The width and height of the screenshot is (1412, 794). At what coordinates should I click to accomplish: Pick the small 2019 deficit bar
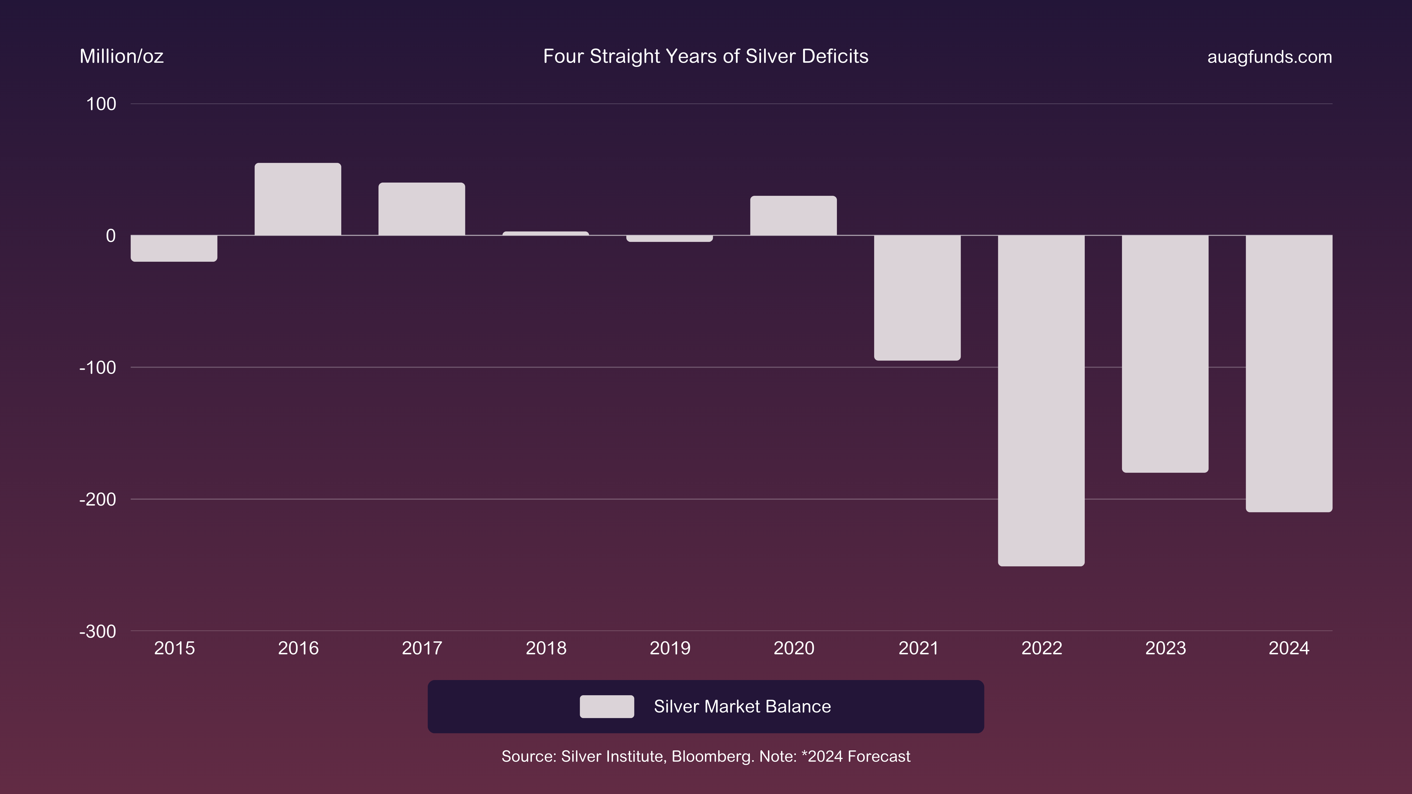[x=669, y=238]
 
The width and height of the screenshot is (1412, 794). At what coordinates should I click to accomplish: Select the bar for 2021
[x=917, y=298]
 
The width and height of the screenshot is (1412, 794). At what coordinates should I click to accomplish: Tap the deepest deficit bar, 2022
[x=1041, y=400]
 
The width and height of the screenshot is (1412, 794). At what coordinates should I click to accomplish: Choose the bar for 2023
[x=1165, y=353]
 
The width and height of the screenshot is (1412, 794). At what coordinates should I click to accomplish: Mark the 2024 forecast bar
[x=1289, y=373]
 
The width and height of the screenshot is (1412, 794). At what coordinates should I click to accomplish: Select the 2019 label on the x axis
[x=670, y=648]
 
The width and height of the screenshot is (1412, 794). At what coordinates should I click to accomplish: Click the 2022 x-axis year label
[x=1041, y=648]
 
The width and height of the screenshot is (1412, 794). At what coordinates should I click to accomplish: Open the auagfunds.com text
[x=1269, y=57]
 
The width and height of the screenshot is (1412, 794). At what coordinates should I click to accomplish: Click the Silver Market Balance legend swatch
[x=607, y=706]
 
